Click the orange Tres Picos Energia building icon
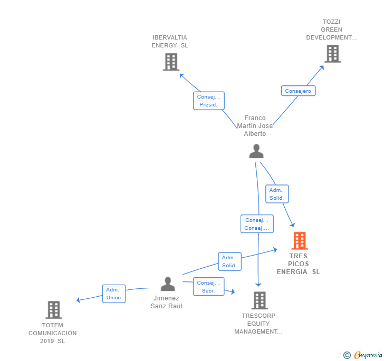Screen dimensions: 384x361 (300, 241)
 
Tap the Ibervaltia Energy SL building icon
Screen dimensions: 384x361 (171, 62)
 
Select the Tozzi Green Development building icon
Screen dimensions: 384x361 (332, 54)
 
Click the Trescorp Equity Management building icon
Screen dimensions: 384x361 (260, 300)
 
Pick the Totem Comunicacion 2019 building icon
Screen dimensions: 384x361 (54, 309)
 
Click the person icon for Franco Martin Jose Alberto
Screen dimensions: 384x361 (256, 151)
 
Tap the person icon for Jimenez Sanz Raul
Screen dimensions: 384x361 (168, 284)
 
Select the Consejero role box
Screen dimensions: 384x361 (298, 91)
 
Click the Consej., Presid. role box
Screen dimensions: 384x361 (209, 101)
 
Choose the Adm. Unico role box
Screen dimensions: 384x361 (113, 294)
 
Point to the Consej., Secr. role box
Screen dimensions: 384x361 (208, 287)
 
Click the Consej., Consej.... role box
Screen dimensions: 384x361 (257, 223)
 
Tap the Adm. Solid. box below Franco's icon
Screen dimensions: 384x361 (277, 194)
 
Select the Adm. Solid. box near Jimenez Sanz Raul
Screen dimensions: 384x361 (229, 261)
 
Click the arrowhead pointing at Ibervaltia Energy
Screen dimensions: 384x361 (181, 76)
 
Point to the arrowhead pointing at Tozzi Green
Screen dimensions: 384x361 (322, 67)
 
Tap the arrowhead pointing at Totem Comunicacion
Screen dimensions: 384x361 (79, 300)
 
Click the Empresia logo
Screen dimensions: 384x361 (363, 355)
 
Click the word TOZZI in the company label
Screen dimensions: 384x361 (331, 22)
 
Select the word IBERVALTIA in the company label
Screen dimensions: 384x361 (170, 37)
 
